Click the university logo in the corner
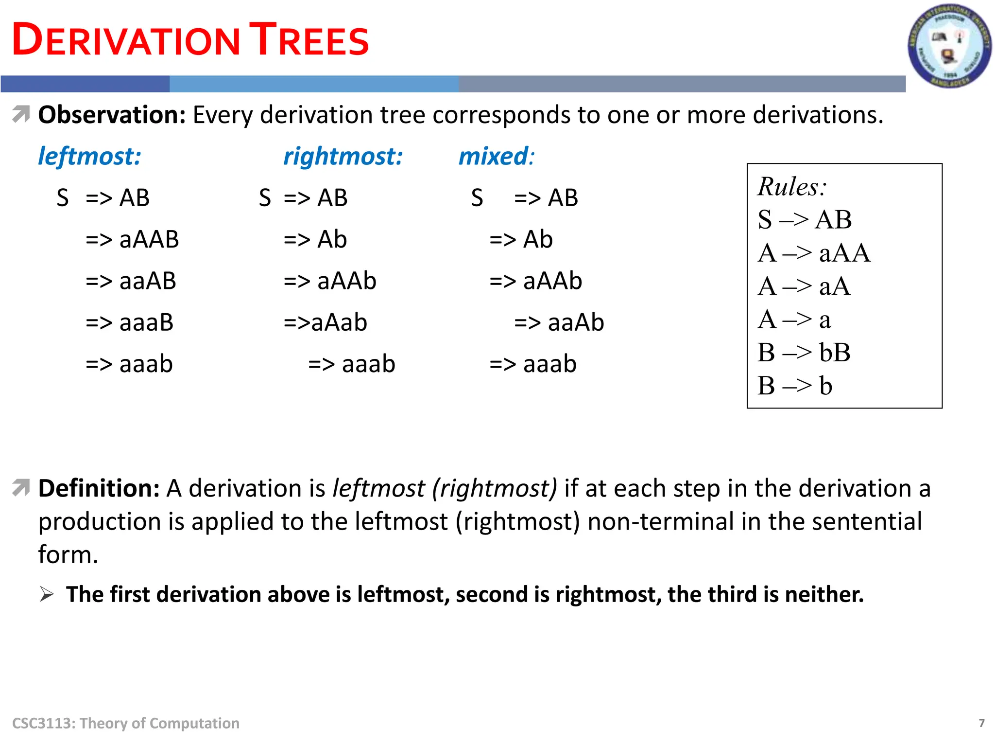949,46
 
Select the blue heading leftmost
89,157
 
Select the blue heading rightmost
343,157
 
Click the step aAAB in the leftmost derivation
149,239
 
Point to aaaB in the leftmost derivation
146,322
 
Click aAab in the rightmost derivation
339,322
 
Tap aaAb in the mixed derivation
576,322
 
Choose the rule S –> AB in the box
805,219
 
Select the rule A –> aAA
814,253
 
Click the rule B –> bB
804,353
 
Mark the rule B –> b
795,386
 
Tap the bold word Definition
99,488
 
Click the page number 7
981,723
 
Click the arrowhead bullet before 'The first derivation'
47,594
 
